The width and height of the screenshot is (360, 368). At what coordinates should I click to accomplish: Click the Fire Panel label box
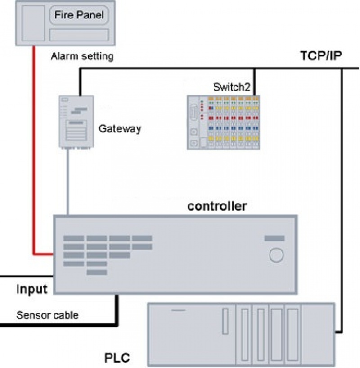coord(79,15)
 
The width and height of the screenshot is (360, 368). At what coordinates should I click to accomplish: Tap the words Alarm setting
coord(82,56)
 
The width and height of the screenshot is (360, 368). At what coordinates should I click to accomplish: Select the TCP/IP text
coord(321,56)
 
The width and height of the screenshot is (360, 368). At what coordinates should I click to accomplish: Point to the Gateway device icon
coord(76,121)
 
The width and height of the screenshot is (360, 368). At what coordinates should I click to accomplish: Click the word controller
coord(217,206)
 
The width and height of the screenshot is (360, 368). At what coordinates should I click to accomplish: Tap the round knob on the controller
coord(276,255)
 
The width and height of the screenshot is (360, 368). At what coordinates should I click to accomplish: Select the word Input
coord(31,289)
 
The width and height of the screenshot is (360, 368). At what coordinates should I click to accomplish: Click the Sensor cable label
coord(47,315)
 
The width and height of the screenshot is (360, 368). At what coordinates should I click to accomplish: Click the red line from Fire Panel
coord(34,149)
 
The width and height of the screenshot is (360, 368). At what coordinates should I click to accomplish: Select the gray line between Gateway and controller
coord(68,180)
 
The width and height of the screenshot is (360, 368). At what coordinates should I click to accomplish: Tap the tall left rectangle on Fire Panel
coord(32,23)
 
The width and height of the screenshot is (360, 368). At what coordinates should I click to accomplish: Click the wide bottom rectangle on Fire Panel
coord(79,35)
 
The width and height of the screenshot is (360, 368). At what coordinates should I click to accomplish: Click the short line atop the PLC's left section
coord(178,310)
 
